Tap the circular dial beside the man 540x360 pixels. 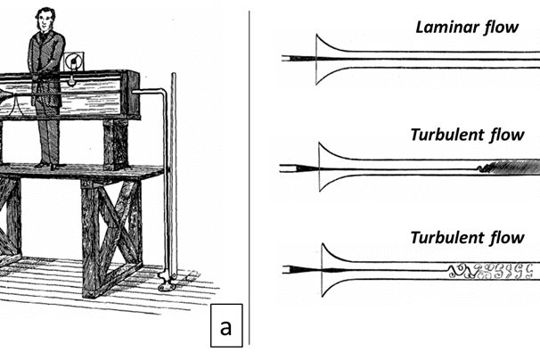coord(72,61)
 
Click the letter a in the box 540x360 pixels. coord(226,327)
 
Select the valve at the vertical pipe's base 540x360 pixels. coord(165,282)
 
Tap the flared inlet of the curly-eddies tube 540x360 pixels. coord(322,268)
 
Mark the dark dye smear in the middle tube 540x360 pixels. coord(508,167)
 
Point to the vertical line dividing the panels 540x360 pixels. coord(249,178)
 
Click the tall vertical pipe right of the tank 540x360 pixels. coord(171,178)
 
